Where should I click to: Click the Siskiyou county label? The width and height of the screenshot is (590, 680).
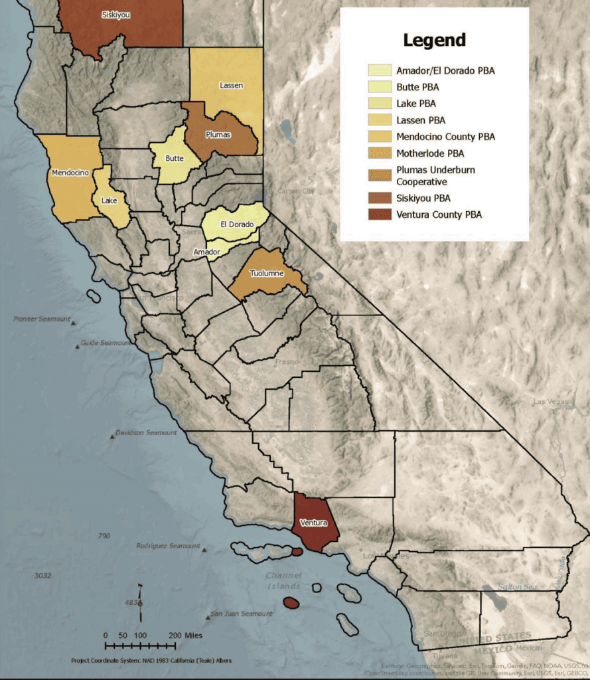[x=116, y=15]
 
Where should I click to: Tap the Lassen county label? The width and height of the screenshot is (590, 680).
[x=231, y=86]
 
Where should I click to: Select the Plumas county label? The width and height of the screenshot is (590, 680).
[x=218, y=135]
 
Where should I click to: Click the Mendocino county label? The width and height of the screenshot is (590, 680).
[x=70, y=173]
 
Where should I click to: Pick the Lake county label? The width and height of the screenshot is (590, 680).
[x=109, y=200]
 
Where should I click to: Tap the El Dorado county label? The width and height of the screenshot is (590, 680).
[x=237, y=224]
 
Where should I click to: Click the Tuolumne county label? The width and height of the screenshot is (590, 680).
[x=267, y=274]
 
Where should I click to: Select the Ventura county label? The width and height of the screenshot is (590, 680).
[x=313, y=523]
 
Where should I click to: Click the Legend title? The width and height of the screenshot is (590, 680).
[x=434, y=40]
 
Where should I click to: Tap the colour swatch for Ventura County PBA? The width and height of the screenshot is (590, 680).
[x=380, y=214]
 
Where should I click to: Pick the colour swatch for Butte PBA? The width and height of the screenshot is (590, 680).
[x=380, y=87]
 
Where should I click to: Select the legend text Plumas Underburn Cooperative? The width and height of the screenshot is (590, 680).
[x=435, y=176]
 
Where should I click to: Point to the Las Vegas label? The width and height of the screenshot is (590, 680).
[x=551, y=402]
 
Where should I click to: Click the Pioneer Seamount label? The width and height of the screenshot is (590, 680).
[x=42, y=319]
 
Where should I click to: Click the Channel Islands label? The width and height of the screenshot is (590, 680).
[x=283, y=580]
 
